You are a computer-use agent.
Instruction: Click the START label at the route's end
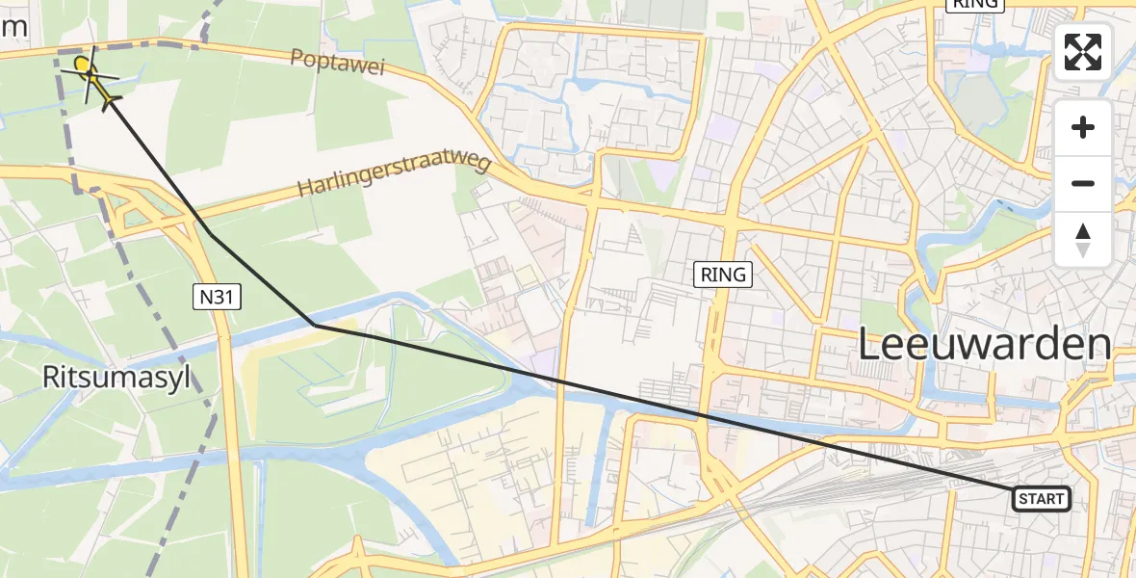1041,498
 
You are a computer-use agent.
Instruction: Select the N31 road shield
216,299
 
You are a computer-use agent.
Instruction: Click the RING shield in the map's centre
723,275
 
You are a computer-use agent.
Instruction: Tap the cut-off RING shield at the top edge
975,4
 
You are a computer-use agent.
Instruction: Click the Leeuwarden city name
983,344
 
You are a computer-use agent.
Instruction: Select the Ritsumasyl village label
116,378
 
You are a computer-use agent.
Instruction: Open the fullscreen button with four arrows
1083,52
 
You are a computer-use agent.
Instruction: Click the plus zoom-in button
1083,128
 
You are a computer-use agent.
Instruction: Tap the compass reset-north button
1083,240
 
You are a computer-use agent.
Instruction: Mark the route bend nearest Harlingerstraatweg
211,234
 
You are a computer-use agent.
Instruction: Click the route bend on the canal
316,326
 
